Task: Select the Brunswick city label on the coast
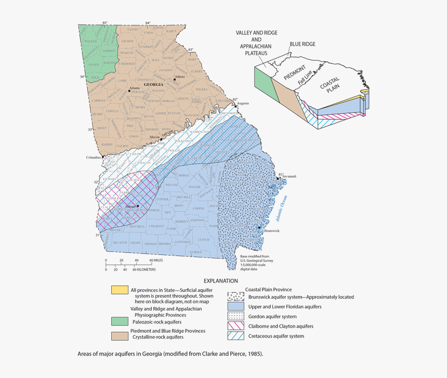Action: click(271, 231)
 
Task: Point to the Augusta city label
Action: click(242, 103)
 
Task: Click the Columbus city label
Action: click(93, 157)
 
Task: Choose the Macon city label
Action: click(154, 137)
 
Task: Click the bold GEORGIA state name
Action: click(154, 84)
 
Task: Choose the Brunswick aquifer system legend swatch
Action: click(236, 297)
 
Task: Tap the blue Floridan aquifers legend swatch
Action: click(236, 306)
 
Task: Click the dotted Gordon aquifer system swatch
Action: click(236, 316)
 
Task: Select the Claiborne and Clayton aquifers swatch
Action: click(236, 326)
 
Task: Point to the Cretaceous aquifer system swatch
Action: click(236, 336)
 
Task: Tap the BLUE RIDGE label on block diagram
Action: click(303, 45)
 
